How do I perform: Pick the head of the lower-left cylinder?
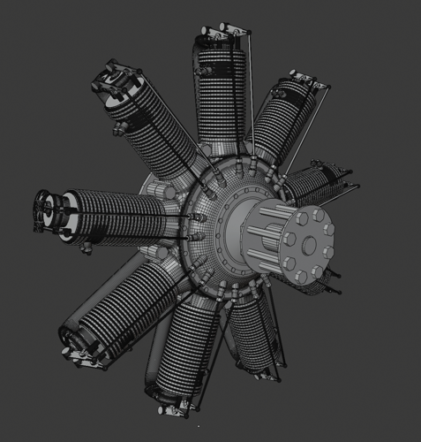point(75,340)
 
